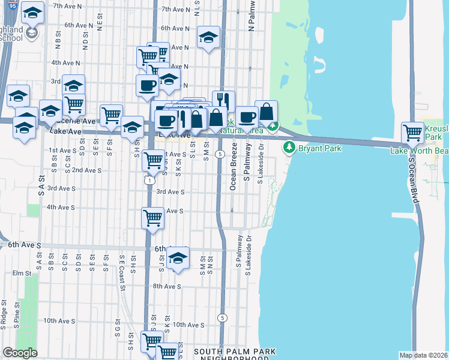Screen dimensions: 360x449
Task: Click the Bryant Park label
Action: pos(321,146)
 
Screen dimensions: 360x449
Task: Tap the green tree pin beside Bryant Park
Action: pos(289,146)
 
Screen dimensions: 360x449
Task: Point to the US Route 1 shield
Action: pos(149,180)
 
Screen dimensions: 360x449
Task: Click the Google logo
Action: pos(20,353)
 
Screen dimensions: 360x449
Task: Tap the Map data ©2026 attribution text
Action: pos(423,355)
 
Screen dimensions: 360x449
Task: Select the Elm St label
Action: pos(21,273)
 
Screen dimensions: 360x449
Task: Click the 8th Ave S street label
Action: pos(167,287)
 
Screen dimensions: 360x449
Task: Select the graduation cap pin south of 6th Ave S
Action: pos(177,258)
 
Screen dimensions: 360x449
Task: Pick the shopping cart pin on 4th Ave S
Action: pos(153,217)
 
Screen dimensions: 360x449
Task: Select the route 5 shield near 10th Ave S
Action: pos(223,317)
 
